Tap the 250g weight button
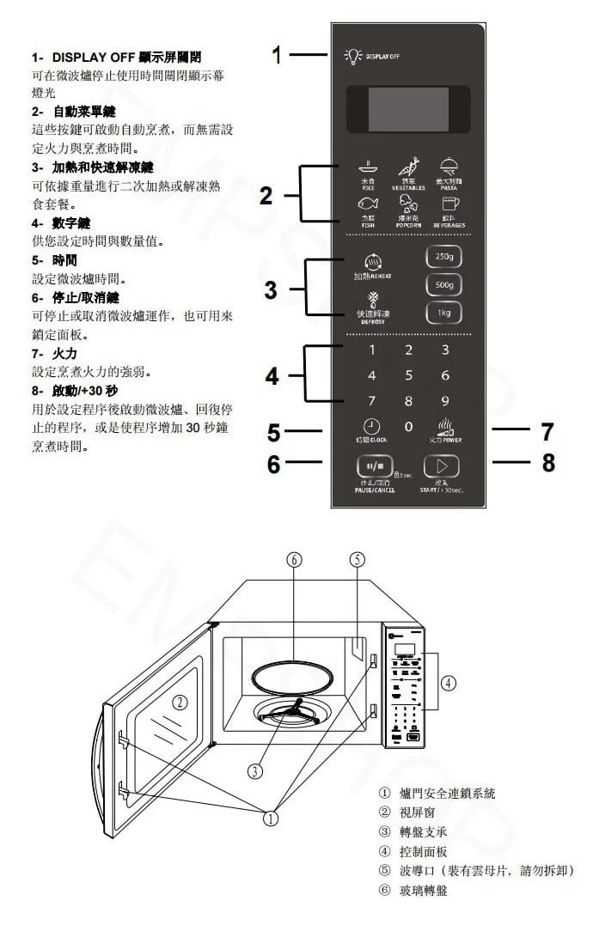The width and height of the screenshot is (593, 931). [x=444, y=257]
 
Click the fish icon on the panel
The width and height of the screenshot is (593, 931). [x=367, y=205]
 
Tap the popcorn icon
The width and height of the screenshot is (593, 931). [x=408, y=204]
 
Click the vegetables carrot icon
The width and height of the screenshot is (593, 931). [x=408, y=167]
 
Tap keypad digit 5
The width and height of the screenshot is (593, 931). [x=408, y=375]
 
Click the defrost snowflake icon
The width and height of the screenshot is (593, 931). [x=372, y=301]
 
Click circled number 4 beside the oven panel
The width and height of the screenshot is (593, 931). [x=448, y=683]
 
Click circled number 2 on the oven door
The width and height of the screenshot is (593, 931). [x=180, y=702]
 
